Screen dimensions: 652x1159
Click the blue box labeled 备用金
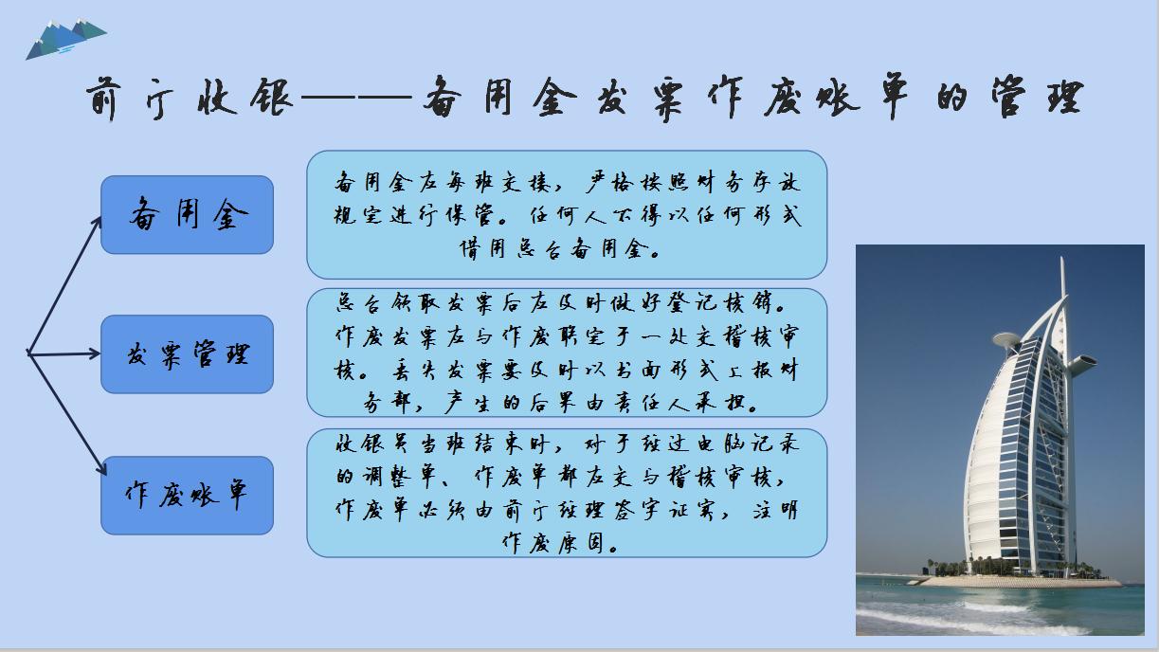pyautogui.click(x=187, y=215)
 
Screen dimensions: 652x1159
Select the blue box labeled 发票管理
pyautogui.click(x=187, y=354)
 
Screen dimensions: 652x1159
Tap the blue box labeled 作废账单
pyautogui.click(x=187, y=495)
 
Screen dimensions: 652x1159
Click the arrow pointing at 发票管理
pyautogui.click(x=66, y=353)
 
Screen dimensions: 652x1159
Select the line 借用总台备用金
pyautogui.click(x=567, y=250)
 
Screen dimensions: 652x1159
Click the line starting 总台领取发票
pyautogui.click(x=567, y=304)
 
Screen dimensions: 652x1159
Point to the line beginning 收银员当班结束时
pyautogui.click(x=567, y=444)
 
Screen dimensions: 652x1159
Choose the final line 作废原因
pyautogui.click(x=567, y=543)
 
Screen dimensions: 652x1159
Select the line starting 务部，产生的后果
pyautogui.click(x=567, y=402)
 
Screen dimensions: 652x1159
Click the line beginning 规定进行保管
pyautogui.click(x=567, y=216)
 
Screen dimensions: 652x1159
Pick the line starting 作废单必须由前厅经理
pyautogui.click(x=567, y=510)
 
